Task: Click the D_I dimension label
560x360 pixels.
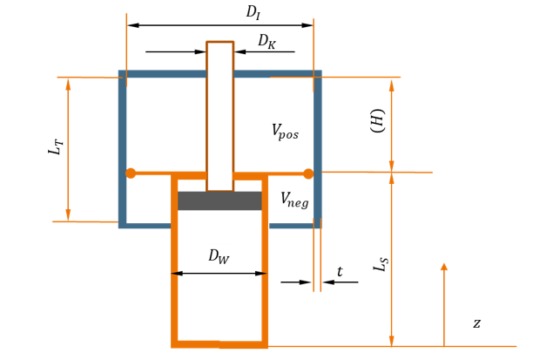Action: pos(253,12)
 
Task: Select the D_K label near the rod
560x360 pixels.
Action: pos(267,42)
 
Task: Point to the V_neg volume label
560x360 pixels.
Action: pos(294,200)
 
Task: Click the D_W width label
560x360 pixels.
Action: pos(219,256)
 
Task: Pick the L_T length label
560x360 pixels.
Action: pos(56,146)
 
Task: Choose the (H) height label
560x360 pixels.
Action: pos(378,121)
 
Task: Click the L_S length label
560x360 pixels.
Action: pos(381,264)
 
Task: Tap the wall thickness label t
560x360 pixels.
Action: pos(340,272)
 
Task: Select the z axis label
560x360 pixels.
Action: pos(476,323)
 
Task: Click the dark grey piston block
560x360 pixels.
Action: pos(219,200)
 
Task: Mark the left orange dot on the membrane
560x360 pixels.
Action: pos(131,173)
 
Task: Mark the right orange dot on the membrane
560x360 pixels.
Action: pos(308,173)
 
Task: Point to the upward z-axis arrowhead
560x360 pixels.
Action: pos(444,267)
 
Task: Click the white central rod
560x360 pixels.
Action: pos(220,117)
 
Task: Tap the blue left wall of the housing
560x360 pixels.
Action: pos(123,149)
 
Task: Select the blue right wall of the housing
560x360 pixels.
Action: pos(318,149)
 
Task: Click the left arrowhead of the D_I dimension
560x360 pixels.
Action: pos(133,25)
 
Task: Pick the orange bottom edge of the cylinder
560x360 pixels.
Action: pos(219,344)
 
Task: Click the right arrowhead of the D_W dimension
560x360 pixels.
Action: pos(261,274)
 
